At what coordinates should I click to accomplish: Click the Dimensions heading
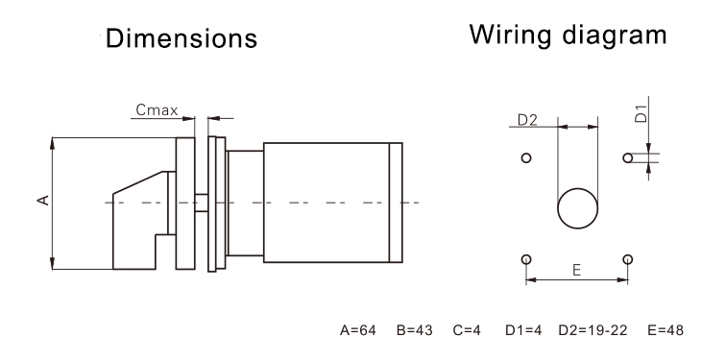click(x=181, y=39)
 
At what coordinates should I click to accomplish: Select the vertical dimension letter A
click(x=41, y=200)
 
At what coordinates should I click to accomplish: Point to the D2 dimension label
click(x=527, y=120)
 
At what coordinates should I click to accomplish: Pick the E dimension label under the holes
click(x=576, y=272)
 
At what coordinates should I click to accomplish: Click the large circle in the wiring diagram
click(x=578, y=206)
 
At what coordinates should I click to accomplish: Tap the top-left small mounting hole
click(x=525, y=157)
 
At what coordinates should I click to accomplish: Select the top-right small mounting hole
click(x=627, y=157)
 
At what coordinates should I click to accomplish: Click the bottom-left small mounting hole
click(x=525, y=259)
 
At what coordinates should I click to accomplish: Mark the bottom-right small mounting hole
click(x=627, y=259)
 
